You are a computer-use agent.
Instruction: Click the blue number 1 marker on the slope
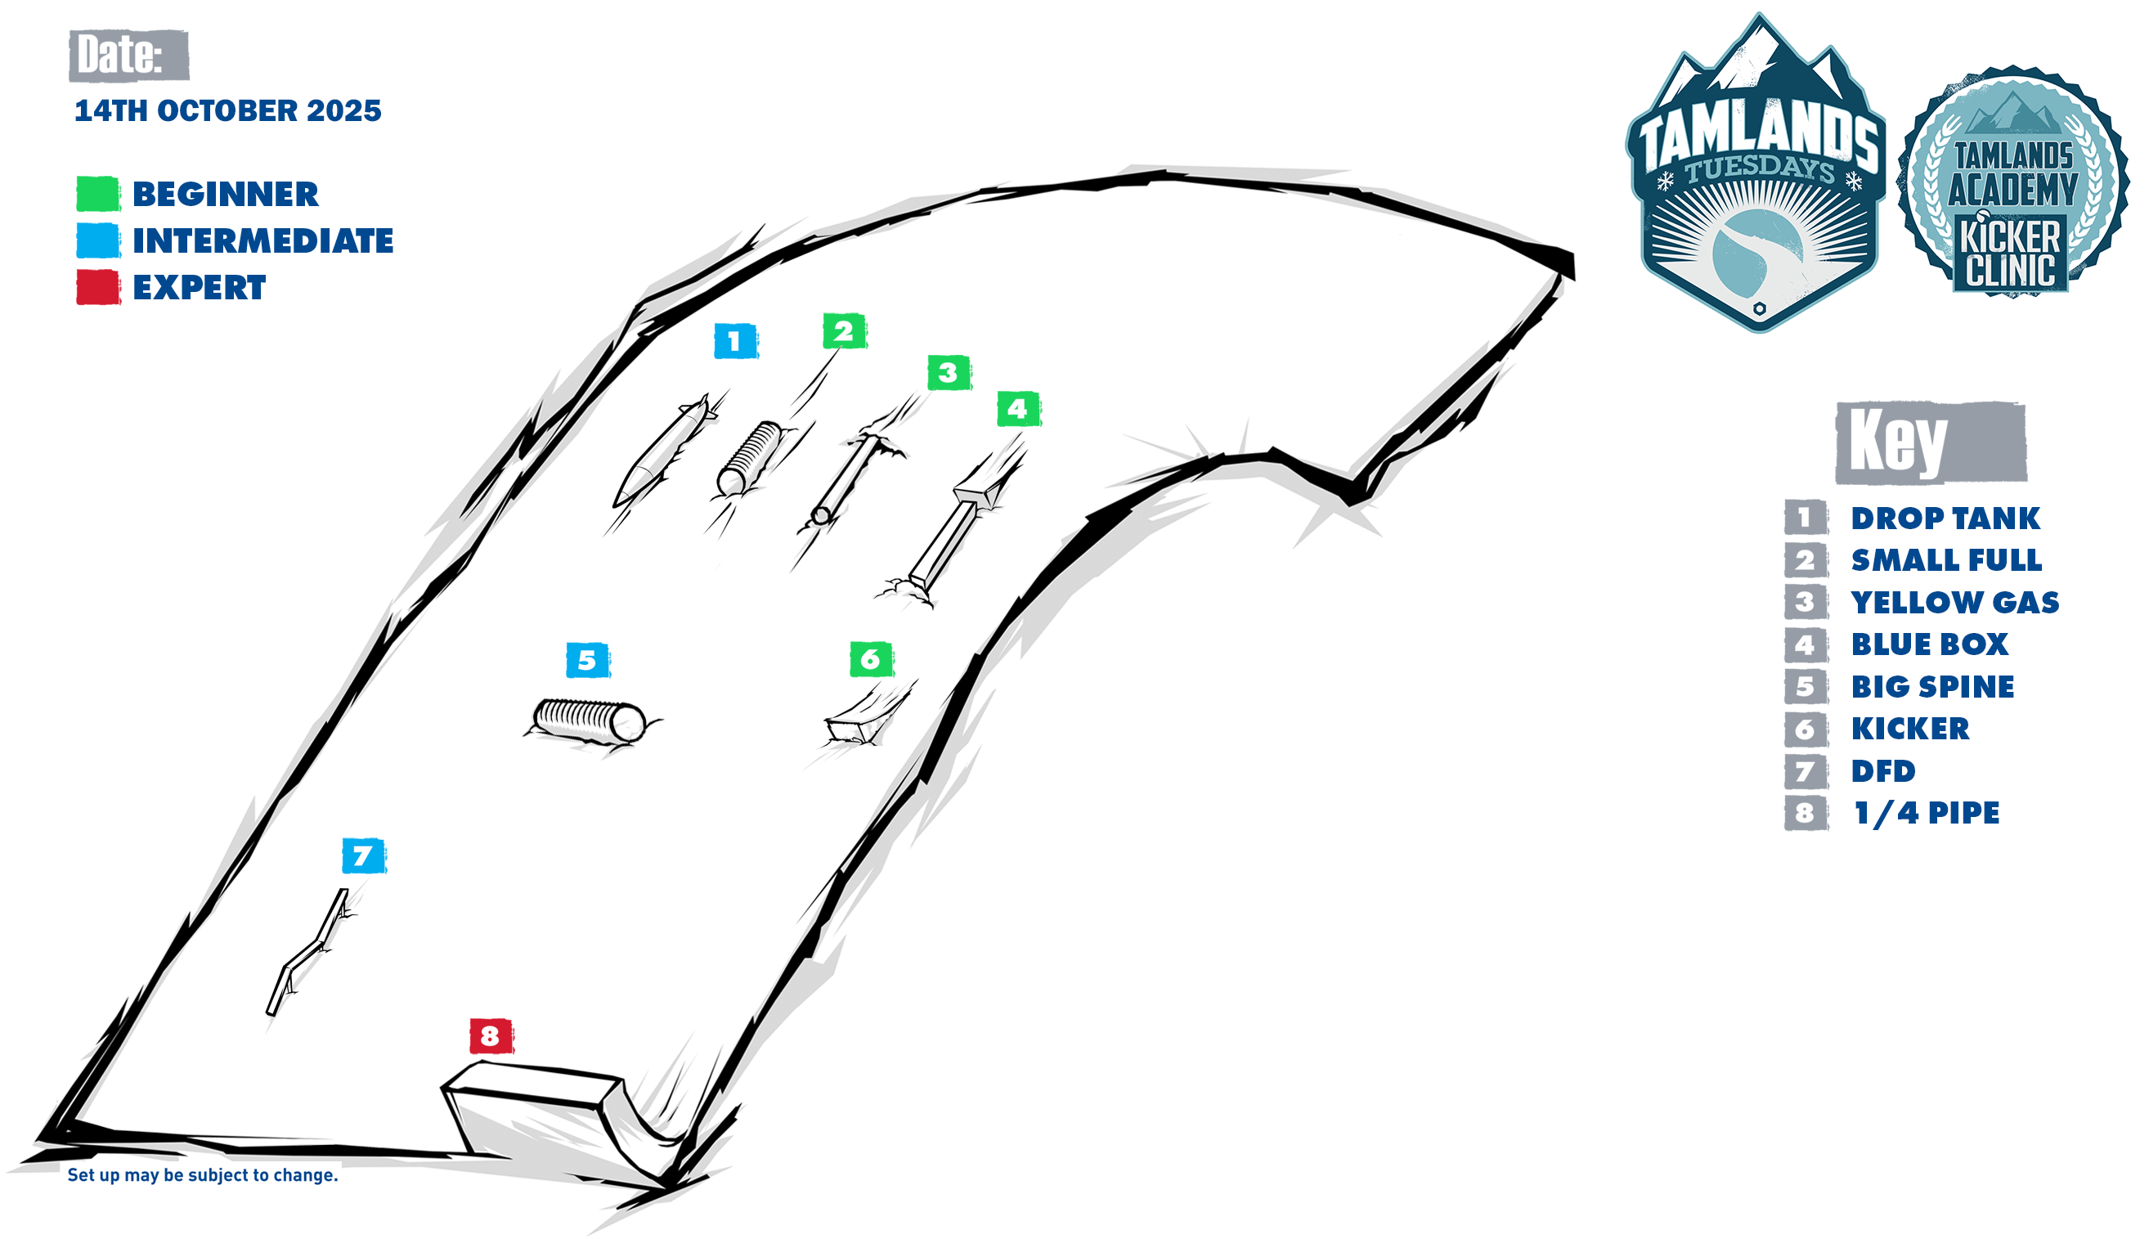click(x=735, y=341)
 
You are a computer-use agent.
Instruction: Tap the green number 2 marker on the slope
click(x=844, y=331)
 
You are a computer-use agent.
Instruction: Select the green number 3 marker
click(x=949, y=373)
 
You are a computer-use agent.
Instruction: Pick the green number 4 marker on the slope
click(x=1017, y=409)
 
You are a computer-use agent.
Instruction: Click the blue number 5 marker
click(x=588, y=660)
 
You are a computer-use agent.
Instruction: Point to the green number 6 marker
click(x=870, y=659)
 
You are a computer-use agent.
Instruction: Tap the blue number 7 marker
click(x=363, y=856)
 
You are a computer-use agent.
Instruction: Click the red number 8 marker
click(x=491, y=1035)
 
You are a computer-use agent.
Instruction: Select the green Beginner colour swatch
click(x=98, y=194)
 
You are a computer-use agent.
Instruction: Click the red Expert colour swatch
click(x=98, y=288)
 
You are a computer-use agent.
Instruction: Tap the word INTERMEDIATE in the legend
click(x=262, y=240)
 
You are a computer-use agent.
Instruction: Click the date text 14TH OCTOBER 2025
click(x=228, y=110)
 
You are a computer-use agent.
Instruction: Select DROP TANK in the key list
click(x=1945, y=518)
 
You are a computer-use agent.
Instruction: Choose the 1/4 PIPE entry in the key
click(x=1926, y=814)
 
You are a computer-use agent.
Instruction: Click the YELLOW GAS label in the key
click(x=1955, y=603)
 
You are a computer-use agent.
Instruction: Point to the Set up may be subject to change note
click(x=203, y=1175)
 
